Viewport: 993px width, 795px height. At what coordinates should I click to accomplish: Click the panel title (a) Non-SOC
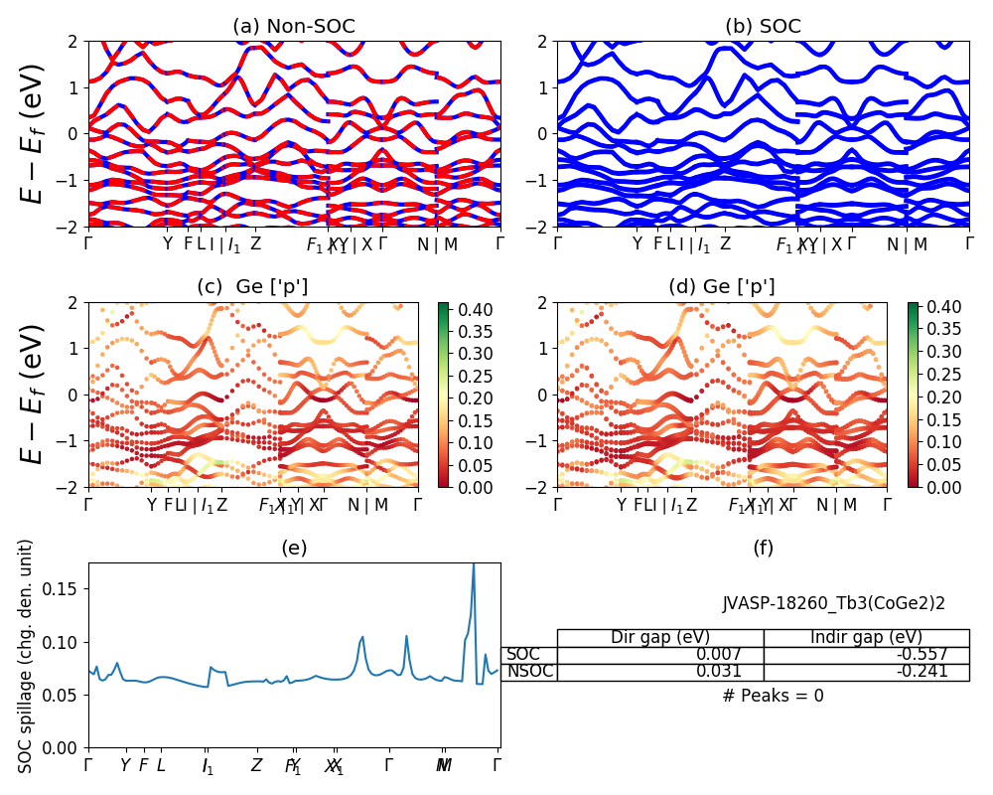294,27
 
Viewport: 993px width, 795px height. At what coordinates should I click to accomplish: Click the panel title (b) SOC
763,27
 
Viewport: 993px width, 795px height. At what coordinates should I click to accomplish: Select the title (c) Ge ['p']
252,287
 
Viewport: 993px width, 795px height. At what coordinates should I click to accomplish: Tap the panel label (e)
294,548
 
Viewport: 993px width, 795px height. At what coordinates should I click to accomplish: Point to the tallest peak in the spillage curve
474,564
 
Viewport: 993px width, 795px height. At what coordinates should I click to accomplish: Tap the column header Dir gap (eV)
660,638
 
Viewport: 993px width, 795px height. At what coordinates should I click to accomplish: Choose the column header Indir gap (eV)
866,638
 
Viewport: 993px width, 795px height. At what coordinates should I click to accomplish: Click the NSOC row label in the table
530,672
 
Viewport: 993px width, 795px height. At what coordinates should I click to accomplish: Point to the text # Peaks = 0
773,696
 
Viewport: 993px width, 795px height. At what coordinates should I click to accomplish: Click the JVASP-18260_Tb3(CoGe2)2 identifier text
833,603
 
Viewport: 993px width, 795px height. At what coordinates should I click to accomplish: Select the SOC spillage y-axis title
26,656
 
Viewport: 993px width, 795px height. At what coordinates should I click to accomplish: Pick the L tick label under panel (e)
161,765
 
